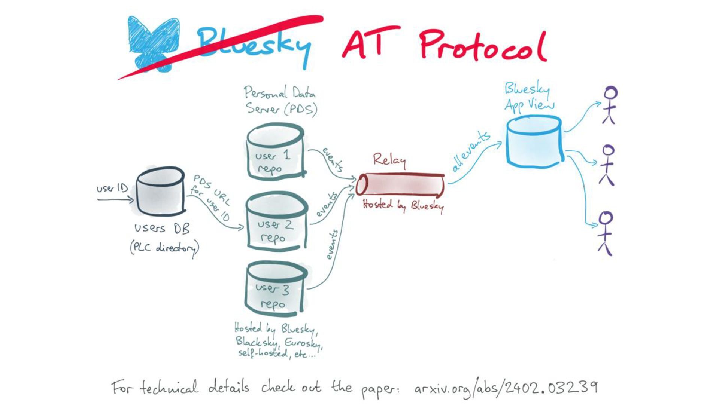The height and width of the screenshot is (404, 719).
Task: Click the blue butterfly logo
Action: (152, 43)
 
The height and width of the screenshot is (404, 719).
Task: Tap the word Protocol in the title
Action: (483, 47)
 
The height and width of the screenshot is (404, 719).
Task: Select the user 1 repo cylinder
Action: (275, 153)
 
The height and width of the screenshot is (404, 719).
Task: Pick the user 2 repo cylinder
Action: (276, 223)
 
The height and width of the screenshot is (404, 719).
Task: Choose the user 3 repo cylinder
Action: (275, 288)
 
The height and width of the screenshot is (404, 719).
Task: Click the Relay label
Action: (389, 160)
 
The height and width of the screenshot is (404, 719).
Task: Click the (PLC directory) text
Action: (165, 248)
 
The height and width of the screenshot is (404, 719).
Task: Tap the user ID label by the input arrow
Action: (112, 188)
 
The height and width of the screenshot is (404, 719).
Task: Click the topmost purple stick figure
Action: (609, 105)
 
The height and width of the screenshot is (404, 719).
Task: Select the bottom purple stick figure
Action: (606, 233)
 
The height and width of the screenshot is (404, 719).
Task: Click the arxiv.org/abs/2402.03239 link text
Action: (506, 388)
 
